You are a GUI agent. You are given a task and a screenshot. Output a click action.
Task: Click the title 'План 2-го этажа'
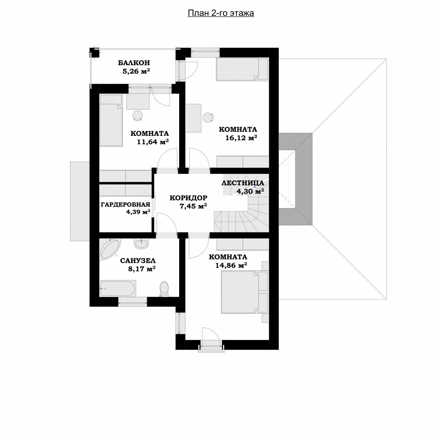[x=221, y=13]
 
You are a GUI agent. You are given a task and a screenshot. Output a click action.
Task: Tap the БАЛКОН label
[x=134, y=63]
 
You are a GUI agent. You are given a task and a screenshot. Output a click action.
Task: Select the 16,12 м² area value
[x=241, y=137]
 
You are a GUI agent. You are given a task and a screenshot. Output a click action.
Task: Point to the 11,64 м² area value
[x=153, y=142]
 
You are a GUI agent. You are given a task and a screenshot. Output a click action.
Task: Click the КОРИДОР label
[x=189, y=198]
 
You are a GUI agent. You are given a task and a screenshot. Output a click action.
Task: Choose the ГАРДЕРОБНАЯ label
[x=125, y=205]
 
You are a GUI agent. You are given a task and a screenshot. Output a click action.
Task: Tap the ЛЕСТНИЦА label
[x=243, y=183]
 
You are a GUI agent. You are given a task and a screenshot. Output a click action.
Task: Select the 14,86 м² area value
[x=231, y=265]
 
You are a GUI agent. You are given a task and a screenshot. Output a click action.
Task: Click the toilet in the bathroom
[x=164, y=289]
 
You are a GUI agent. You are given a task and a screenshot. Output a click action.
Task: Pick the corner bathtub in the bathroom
[x=110, y=249]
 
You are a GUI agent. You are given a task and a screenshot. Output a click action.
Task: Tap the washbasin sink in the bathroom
[x=141, y=244]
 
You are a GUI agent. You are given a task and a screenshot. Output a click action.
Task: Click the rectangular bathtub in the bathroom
[x=118, y=288]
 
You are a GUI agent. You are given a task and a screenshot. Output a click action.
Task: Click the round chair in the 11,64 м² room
[x=137, y=115]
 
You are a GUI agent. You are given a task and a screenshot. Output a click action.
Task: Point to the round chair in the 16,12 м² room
[x=208, y=118]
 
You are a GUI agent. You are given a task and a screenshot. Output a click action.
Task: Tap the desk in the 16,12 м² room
[x=193, y=118]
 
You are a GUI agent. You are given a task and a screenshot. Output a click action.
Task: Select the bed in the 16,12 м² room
[x=237, y=69]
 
